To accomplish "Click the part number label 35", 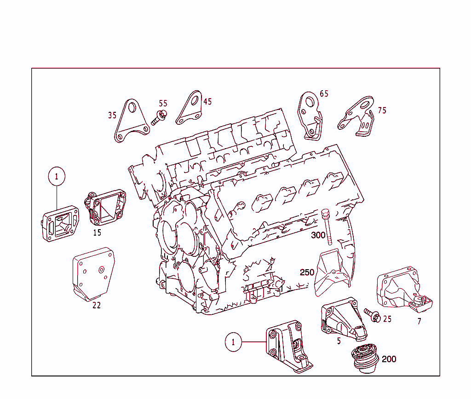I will click(112, 116).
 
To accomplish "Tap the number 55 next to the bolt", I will click(163, 104).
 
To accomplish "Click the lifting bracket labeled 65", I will click(310, 115).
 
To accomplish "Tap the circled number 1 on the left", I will click(57, 176).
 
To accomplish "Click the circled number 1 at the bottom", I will click(233, 342).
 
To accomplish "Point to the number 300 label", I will click(318, 235).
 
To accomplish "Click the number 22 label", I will click(97, 305).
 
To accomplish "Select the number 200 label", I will click(389, 359).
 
